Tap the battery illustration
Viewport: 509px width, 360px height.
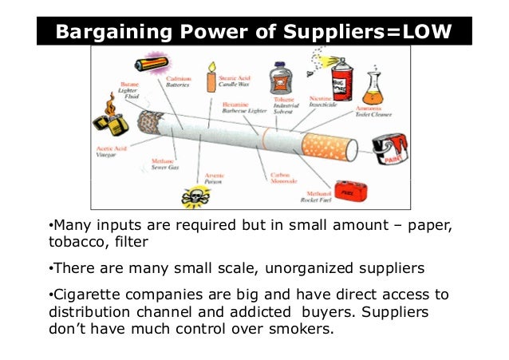(150, 64)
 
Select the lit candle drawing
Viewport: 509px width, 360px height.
(212, 77)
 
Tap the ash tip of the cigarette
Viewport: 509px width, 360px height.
(148, 122)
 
